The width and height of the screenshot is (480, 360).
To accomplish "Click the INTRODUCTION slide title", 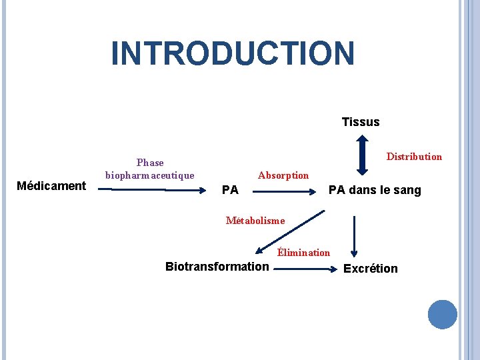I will pyautogui.click(x=233, y=53).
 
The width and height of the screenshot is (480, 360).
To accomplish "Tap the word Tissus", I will pyautogui.click(x=361, y=122).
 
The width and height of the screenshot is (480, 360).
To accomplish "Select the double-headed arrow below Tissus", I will pyautogui.click(x=361, y=155).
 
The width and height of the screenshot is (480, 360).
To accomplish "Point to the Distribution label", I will pyautogui.click(x=414, y=157).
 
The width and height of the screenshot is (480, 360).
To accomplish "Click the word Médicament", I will pyautogui.click(x=51, y=186).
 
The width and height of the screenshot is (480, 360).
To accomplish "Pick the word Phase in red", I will pyautogui.click(x=150, y=163).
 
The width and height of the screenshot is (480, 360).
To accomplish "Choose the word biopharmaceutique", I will pyautogui.click(x=150, y=175).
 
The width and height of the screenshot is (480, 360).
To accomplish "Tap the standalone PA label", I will pyautogui.click(x=230, y=191).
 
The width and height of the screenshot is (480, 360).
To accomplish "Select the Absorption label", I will pyautogui.click(x=283, y=175).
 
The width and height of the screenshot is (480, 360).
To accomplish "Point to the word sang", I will pyautogui.click(x=407, y=191).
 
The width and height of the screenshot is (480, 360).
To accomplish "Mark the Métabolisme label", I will pyautogui.click(x=255, y=221).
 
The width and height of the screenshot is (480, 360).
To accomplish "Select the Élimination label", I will pyautogui.click(x=303, y=253).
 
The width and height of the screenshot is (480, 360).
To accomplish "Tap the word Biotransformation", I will pyautogui.click(x=217, y=267).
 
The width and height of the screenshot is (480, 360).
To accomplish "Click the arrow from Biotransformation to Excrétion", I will pyautogui.click(x=306, y=269).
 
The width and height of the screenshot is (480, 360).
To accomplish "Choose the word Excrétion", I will pyautogui.click(x=371, y=269).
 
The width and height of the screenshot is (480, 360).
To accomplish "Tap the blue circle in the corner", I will pyautogui.click(x=443, y=315).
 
